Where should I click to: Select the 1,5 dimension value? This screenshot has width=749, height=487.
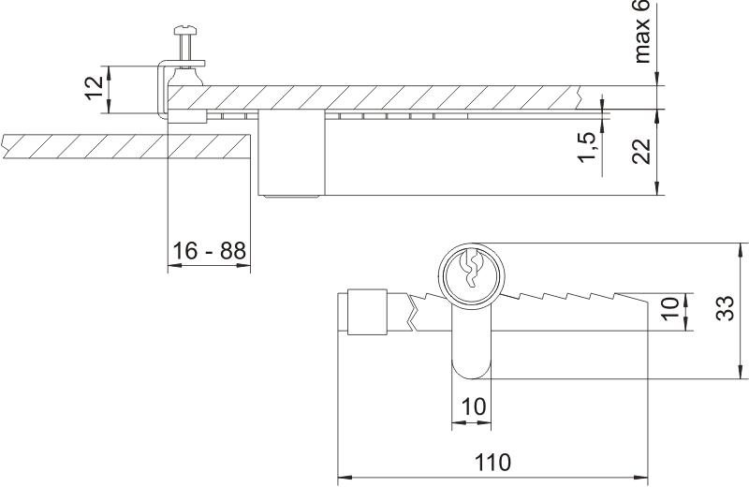click(x=588, y=147)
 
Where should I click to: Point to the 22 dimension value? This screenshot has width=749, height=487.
click(x=641, y=150)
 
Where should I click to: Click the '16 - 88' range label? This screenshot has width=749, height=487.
click(x=209, y=251)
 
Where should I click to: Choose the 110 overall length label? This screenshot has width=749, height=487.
click(x=492, y=462)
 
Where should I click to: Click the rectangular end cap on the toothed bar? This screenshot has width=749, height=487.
click(x=366, y=313)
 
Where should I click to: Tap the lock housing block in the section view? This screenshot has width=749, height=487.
click(x=290, y=155)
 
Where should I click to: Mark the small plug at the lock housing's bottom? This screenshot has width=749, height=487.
click(x=291, y=197)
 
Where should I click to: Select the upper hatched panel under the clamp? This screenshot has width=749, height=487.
click(x=393, y=97)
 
